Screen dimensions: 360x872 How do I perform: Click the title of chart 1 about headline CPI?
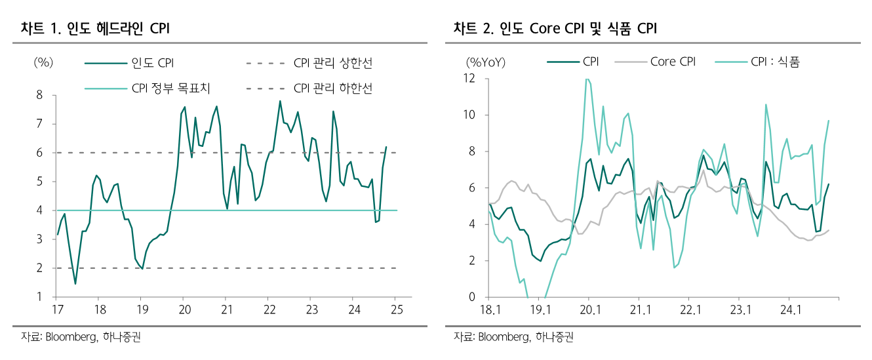coord(96,28)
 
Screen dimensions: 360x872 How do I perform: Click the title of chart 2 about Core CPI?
coord(555,28)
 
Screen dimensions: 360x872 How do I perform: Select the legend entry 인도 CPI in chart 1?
coord(152,63)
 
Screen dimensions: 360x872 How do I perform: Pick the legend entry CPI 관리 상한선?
coord(333,63)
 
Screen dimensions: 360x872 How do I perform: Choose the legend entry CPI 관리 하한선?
coord(333,88)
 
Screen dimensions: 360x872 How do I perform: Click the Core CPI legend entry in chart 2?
coord(673,62)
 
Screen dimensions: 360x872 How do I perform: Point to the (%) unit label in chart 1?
coord(43,62)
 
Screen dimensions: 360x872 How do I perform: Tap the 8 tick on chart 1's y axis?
coord(39,95)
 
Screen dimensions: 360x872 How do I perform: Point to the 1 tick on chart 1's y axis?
coord(39,297)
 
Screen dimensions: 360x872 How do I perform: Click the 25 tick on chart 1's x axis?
coord(396,310)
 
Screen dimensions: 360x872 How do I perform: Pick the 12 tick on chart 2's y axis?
coord(469,79)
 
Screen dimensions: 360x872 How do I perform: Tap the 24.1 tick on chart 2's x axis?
coord(791,310)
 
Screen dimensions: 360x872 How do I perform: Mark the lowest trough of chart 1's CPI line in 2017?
coord(75,284)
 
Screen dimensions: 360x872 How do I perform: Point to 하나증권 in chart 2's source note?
coord(554,338)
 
